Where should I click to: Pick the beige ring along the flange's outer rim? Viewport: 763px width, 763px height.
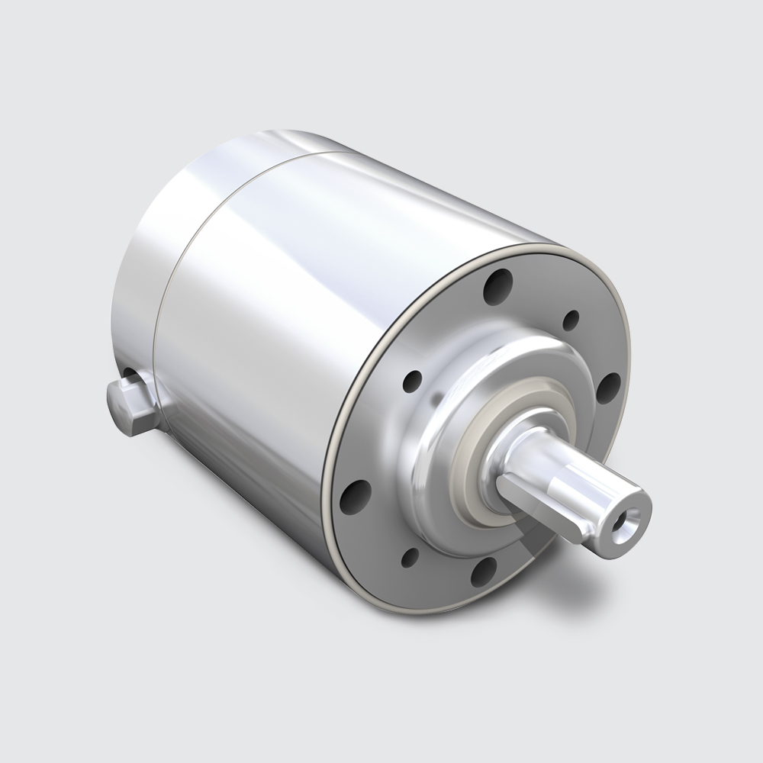[340, 427]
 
